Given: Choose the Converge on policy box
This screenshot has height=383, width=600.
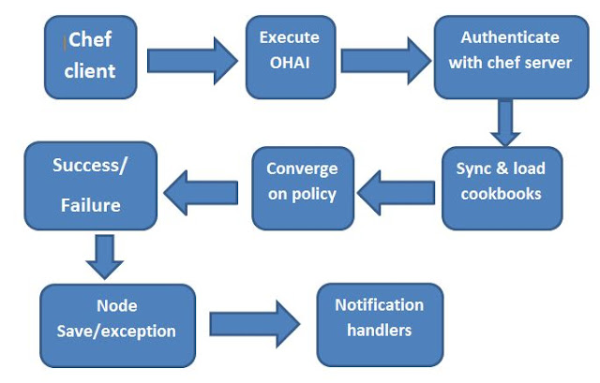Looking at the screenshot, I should tap(302, 187).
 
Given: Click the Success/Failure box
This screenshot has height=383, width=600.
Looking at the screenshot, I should tap(91, 185).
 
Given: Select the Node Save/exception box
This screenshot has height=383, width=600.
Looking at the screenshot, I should tap(116, 324).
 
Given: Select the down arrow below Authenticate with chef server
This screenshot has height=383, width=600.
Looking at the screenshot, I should tap(505, 122).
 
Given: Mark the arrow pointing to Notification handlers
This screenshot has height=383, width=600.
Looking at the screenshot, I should tap(255, 324).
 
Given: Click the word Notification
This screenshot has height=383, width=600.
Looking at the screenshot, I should tap(380, 305).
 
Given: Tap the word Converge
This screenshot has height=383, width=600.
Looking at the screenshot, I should tap(302, 169).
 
